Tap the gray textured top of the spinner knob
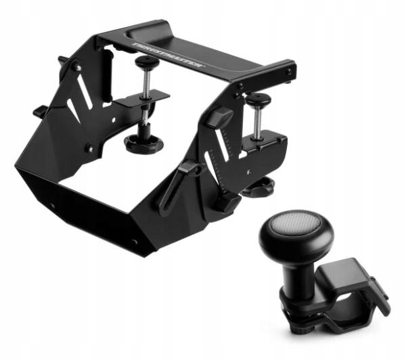(x=298, y=223)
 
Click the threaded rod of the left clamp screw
(x=144, y=88)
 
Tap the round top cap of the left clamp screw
(x=146, y=63)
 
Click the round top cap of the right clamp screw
(x=257, y=99)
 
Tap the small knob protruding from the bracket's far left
(x=39, y=111)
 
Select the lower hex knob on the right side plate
(x=226, y=200)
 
